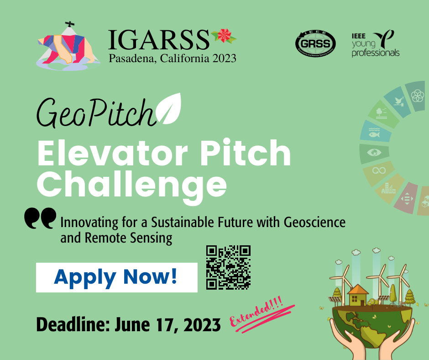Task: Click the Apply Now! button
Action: pyautogui.click(x=116, y=277)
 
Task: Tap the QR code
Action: pyautogui.click(x=229, y=267)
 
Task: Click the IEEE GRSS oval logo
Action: pyautogui.click(x=315, y=43)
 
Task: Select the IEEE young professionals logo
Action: pyautogui.click(x=375, y=43)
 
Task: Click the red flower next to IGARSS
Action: pyautogui.click(x=224, y=36)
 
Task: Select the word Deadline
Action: pyautogui.click(x=73, y=325)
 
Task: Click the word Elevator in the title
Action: pyautogui.click(x=112, y=153)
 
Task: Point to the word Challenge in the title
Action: pyautogui.click(x=132, y=185)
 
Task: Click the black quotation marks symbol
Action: pyautogui.click(x=40, y=218)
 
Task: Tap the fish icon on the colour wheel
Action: pyautogui.click(x=374, y=132)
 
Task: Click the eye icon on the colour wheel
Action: pyautogui.click(x=374, y=152)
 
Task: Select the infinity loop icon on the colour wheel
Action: pyautogui.click(x=379, y=171)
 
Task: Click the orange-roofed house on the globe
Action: pyautogui.click(x=358, y=295)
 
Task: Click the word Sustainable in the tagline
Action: pyautogui.click(x=183, y=222)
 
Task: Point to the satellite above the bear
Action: pyautogui.click(x=70, y=24)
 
